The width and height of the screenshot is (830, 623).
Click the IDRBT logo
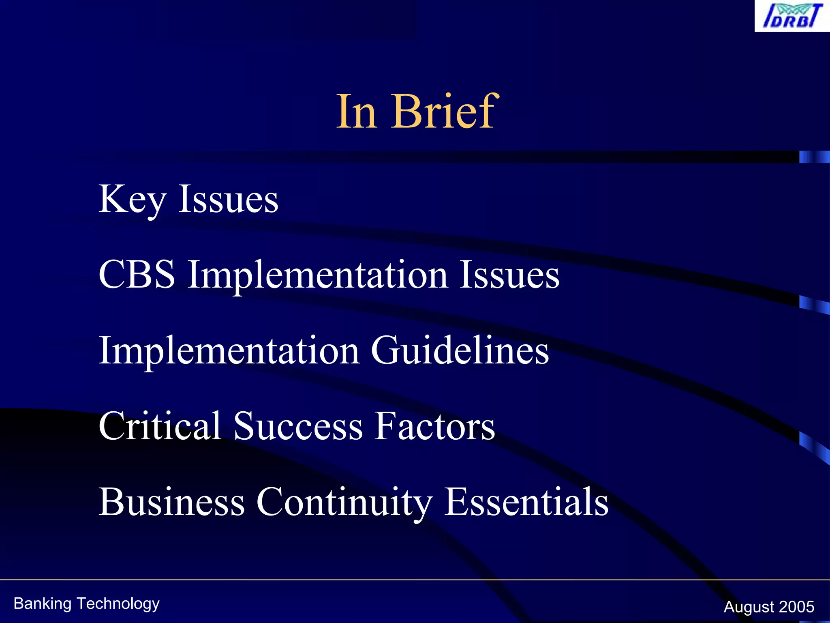(792, 16)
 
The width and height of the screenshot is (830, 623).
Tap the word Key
(132, 200)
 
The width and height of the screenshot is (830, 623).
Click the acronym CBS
(137, 275)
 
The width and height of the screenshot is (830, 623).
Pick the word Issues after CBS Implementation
(509, 275)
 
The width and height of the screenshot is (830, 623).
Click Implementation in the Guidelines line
(229, 351)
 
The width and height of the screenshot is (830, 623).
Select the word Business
(172, 502)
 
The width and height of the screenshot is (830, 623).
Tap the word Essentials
(526, 502)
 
